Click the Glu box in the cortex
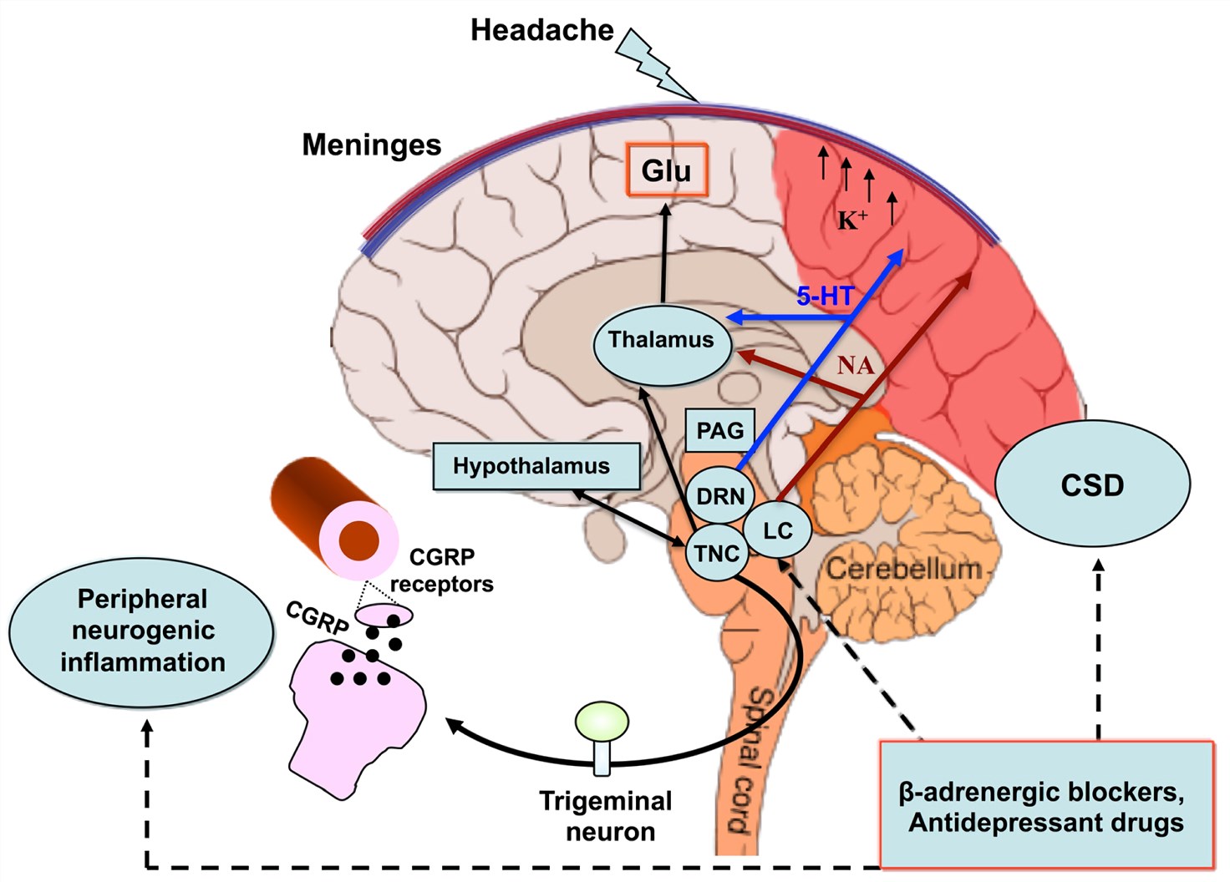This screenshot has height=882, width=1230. click(667, 170)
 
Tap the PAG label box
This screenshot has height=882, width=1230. click(719, 430)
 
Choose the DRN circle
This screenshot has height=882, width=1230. click(719, 496)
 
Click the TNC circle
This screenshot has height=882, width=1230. click(716, 553)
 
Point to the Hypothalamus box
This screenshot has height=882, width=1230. click(536, 466)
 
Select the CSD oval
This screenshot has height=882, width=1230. click(1092, 485)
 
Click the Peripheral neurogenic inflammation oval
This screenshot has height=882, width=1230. click(142, 631)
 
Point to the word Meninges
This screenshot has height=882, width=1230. click(371, 145)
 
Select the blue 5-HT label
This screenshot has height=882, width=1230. click(824, 296)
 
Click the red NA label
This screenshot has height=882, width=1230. click(855, 365)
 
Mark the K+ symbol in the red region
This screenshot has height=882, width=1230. click(852, 220)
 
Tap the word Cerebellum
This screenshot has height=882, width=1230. click(903, 569)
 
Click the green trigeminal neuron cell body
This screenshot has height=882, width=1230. click(602, 721)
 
